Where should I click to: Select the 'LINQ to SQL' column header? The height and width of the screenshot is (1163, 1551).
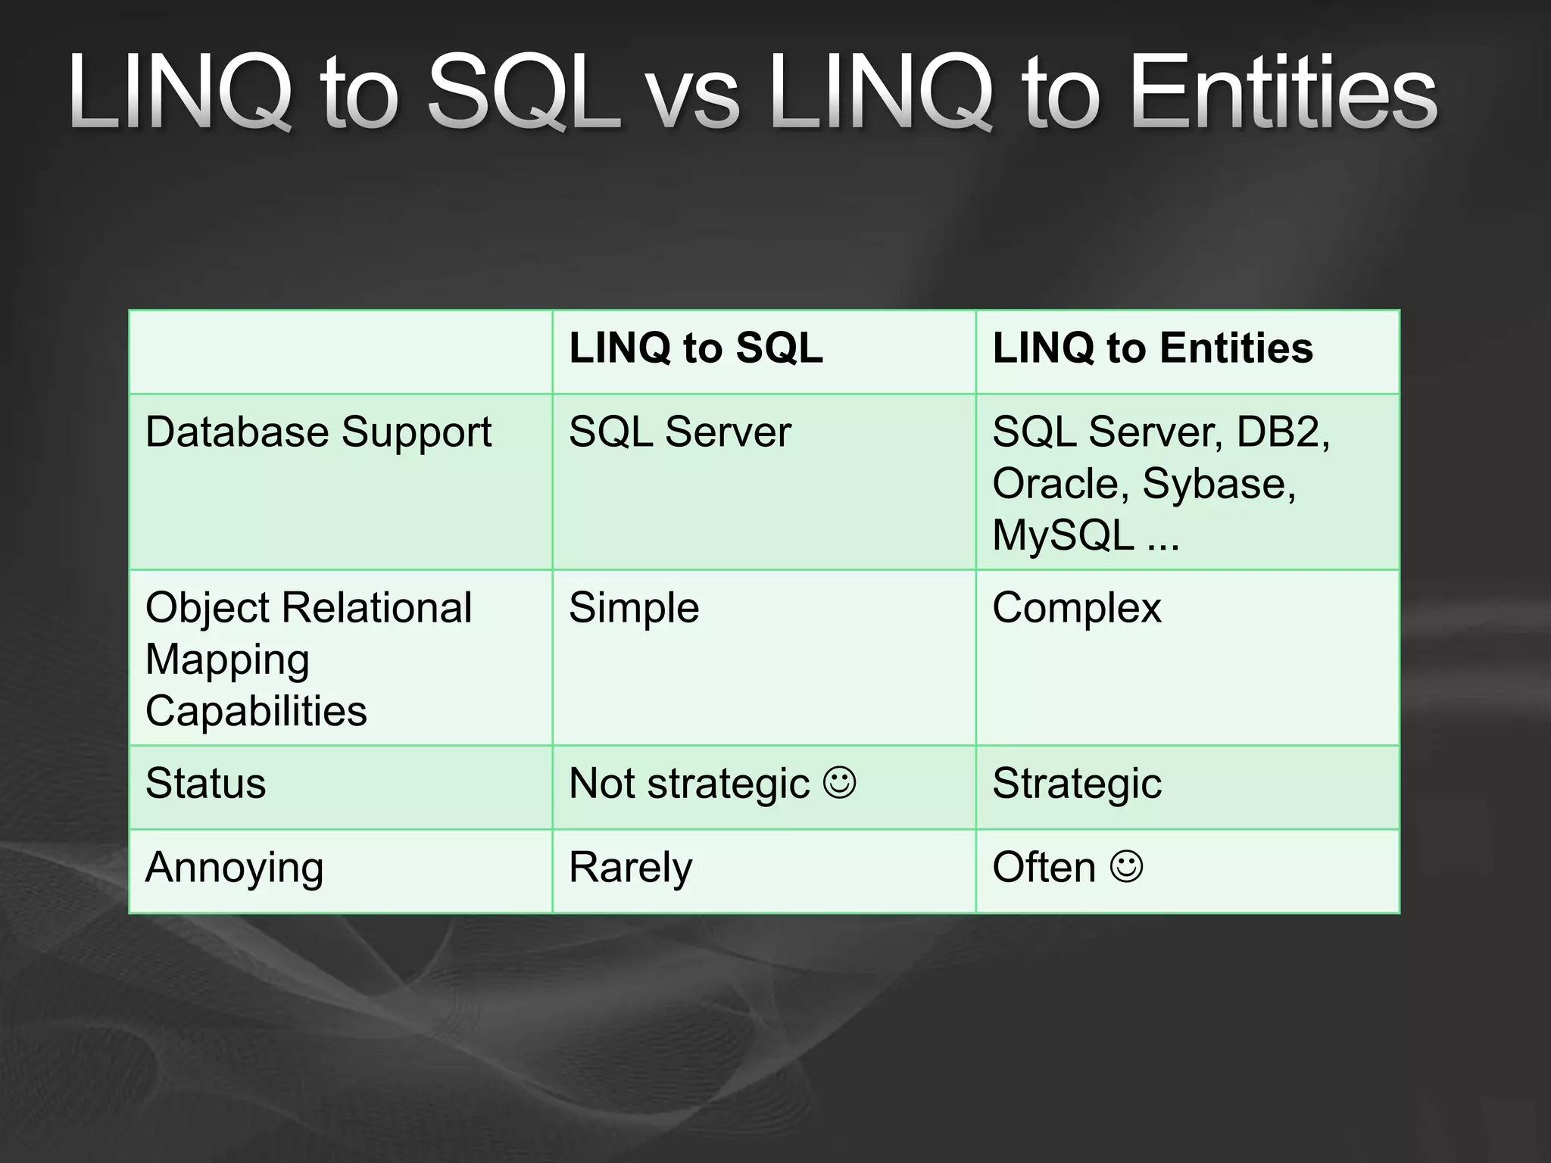[695, 348]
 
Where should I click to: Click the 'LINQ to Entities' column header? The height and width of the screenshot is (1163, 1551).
[1152, 348]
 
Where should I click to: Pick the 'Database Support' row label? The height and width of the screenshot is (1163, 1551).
[318, 432]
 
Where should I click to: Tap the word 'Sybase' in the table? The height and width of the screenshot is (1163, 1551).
[1218, 484]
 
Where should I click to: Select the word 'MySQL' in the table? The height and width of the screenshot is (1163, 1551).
[1063, 535]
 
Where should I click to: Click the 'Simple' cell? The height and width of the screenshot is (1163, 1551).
[633, 608]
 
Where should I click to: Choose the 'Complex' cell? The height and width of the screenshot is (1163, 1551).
[1076, 608]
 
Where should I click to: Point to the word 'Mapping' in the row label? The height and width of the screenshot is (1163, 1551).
[227, 660]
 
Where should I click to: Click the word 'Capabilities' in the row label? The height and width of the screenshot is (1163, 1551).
[256, 711]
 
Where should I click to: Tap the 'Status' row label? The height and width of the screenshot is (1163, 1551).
[205, 784]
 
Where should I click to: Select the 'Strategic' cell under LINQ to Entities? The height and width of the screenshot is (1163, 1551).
[1076, 784]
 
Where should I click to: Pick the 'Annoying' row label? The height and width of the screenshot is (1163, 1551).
[234, 868]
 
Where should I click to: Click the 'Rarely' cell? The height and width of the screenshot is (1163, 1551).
[630, 868]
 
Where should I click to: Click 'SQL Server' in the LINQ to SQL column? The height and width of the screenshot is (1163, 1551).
[679, 432]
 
